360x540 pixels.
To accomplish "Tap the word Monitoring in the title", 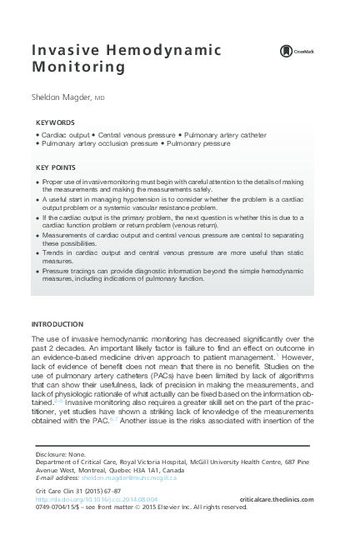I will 72,67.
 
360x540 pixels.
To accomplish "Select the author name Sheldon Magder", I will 62,97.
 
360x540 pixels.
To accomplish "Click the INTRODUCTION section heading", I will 57,323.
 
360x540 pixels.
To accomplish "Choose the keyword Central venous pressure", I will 136,134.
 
